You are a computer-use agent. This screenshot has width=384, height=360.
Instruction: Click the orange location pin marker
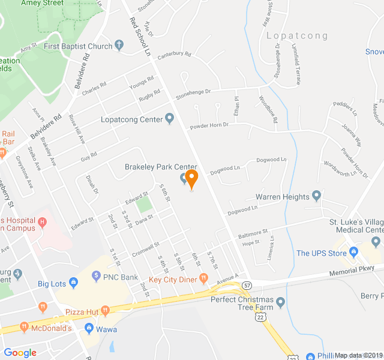[191, 178]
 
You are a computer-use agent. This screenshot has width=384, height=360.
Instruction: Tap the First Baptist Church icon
[119, 46]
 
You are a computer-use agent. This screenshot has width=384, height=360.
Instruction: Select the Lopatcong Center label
[131, 119]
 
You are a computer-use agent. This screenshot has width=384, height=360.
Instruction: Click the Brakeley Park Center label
[161, 167]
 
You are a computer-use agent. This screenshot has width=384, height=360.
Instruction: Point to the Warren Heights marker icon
[317, 196]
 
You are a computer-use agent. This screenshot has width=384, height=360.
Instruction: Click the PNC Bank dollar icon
[96, 276]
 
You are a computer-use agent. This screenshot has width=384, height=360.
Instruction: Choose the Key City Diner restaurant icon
[204, 278]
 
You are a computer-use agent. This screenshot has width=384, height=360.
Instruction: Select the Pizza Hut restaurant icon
[105, 310]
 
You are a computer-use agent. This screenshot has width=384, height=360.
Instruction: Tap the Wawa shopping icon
[89, 329]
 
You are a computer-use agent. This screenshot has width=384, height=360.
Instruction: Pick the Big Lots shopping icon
[73, 282]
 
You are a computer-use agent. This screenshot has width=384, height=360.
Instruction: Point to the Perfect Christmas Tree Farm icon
[280, 300]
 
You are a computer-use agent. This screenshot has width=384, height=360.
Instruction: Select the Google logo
[20, 353]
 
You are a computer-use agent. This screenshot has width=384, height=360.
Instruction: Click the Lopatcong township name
[297, 36]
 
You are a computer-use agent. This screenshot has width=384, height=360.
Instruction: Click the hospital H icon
[42, 223]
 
